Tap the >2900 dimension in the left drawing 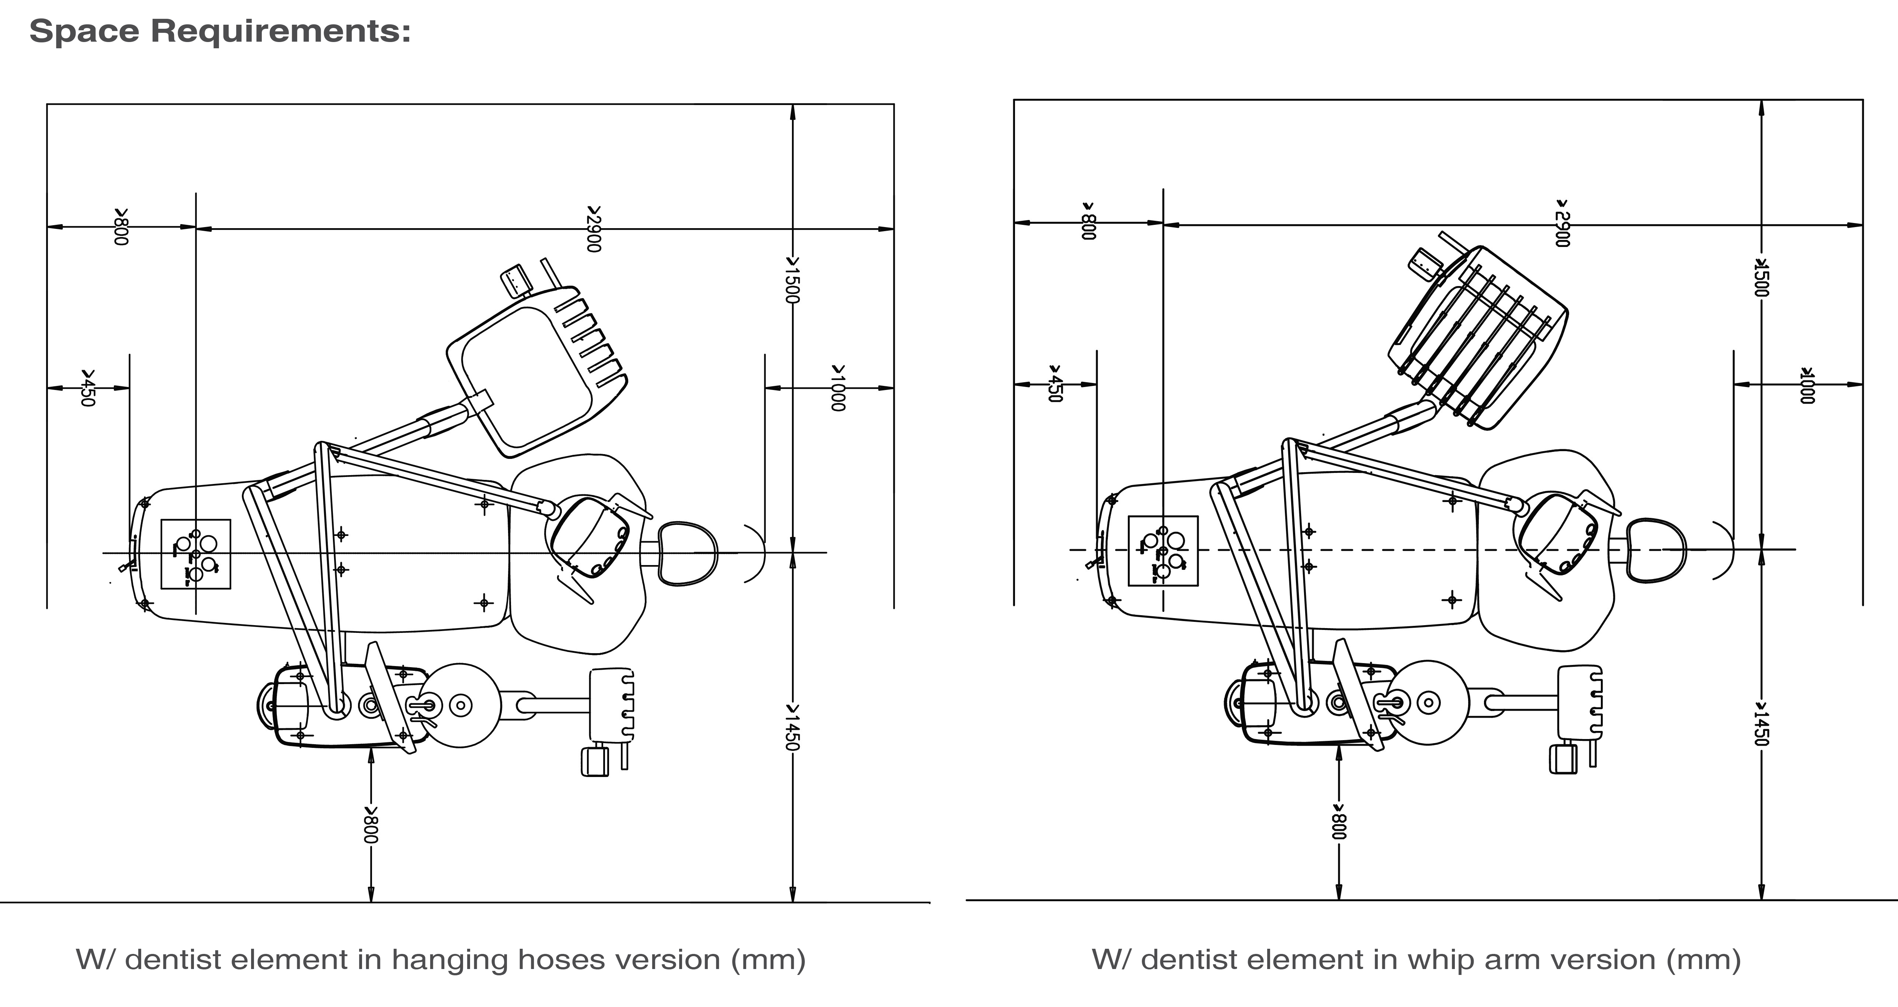[594, 229]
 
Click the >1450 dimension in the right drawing [1761, 724]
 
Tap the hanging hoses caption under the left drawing [441, 960]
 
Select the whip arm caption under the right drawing [1415, 960]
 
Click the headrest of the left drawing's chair [687, 553]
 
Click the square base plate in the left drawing [195, 554]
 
